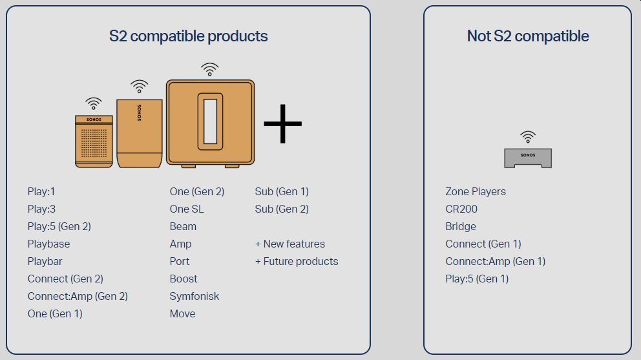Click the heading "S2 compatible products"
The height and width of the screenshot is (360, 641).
188,36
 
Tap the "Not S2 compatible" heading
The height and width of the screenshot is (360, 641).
528,36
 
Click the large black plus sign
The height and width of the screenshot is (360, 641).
282,123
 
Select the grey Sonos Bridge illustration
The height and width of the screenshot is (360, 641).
528,158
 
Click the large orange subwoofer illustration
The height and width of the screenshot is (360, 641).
210,123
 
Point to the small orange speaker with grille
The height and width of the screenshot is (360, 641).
94,142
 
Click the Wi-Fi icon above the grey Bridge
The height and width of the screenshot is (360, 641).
528,137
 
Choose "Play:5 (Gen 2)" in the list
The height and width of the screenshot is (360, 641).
59,227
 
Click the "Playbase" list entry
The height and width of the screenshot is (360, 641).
48,244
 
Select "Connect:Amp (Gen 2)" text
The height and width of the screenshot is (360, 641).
78,296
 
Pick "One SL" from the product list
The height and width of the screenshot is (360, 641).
186,209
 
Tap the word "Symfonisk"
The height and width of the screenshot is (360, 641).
194,296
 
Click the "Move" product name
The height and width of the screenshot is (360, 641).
182,313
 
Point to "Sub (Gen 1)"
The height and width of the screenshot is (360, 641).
282,191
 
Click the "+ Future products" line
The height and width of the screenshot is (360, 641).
297,261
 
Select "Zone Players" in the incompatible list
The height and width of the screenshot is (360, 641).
476,192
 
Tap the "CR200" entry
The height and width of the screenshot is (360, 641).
461,209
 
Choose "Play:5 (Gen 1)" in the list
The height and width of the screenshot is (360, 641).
477,279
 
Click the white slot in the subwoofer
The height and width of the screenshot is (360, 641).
210,121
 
